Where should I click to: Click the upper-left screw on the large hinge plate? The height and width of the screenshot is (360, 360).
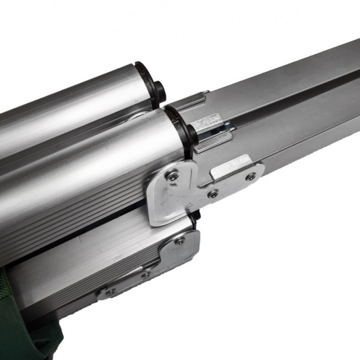pyautogui.click(x=173, y=176)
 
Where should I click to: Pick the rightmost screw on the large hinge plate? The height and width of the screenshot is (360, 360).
pyautogui.click(x=251, y=176)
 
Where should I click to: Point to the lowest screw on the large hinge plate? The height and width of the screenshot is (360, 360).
pyautogui.click(x=212, y=193)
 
